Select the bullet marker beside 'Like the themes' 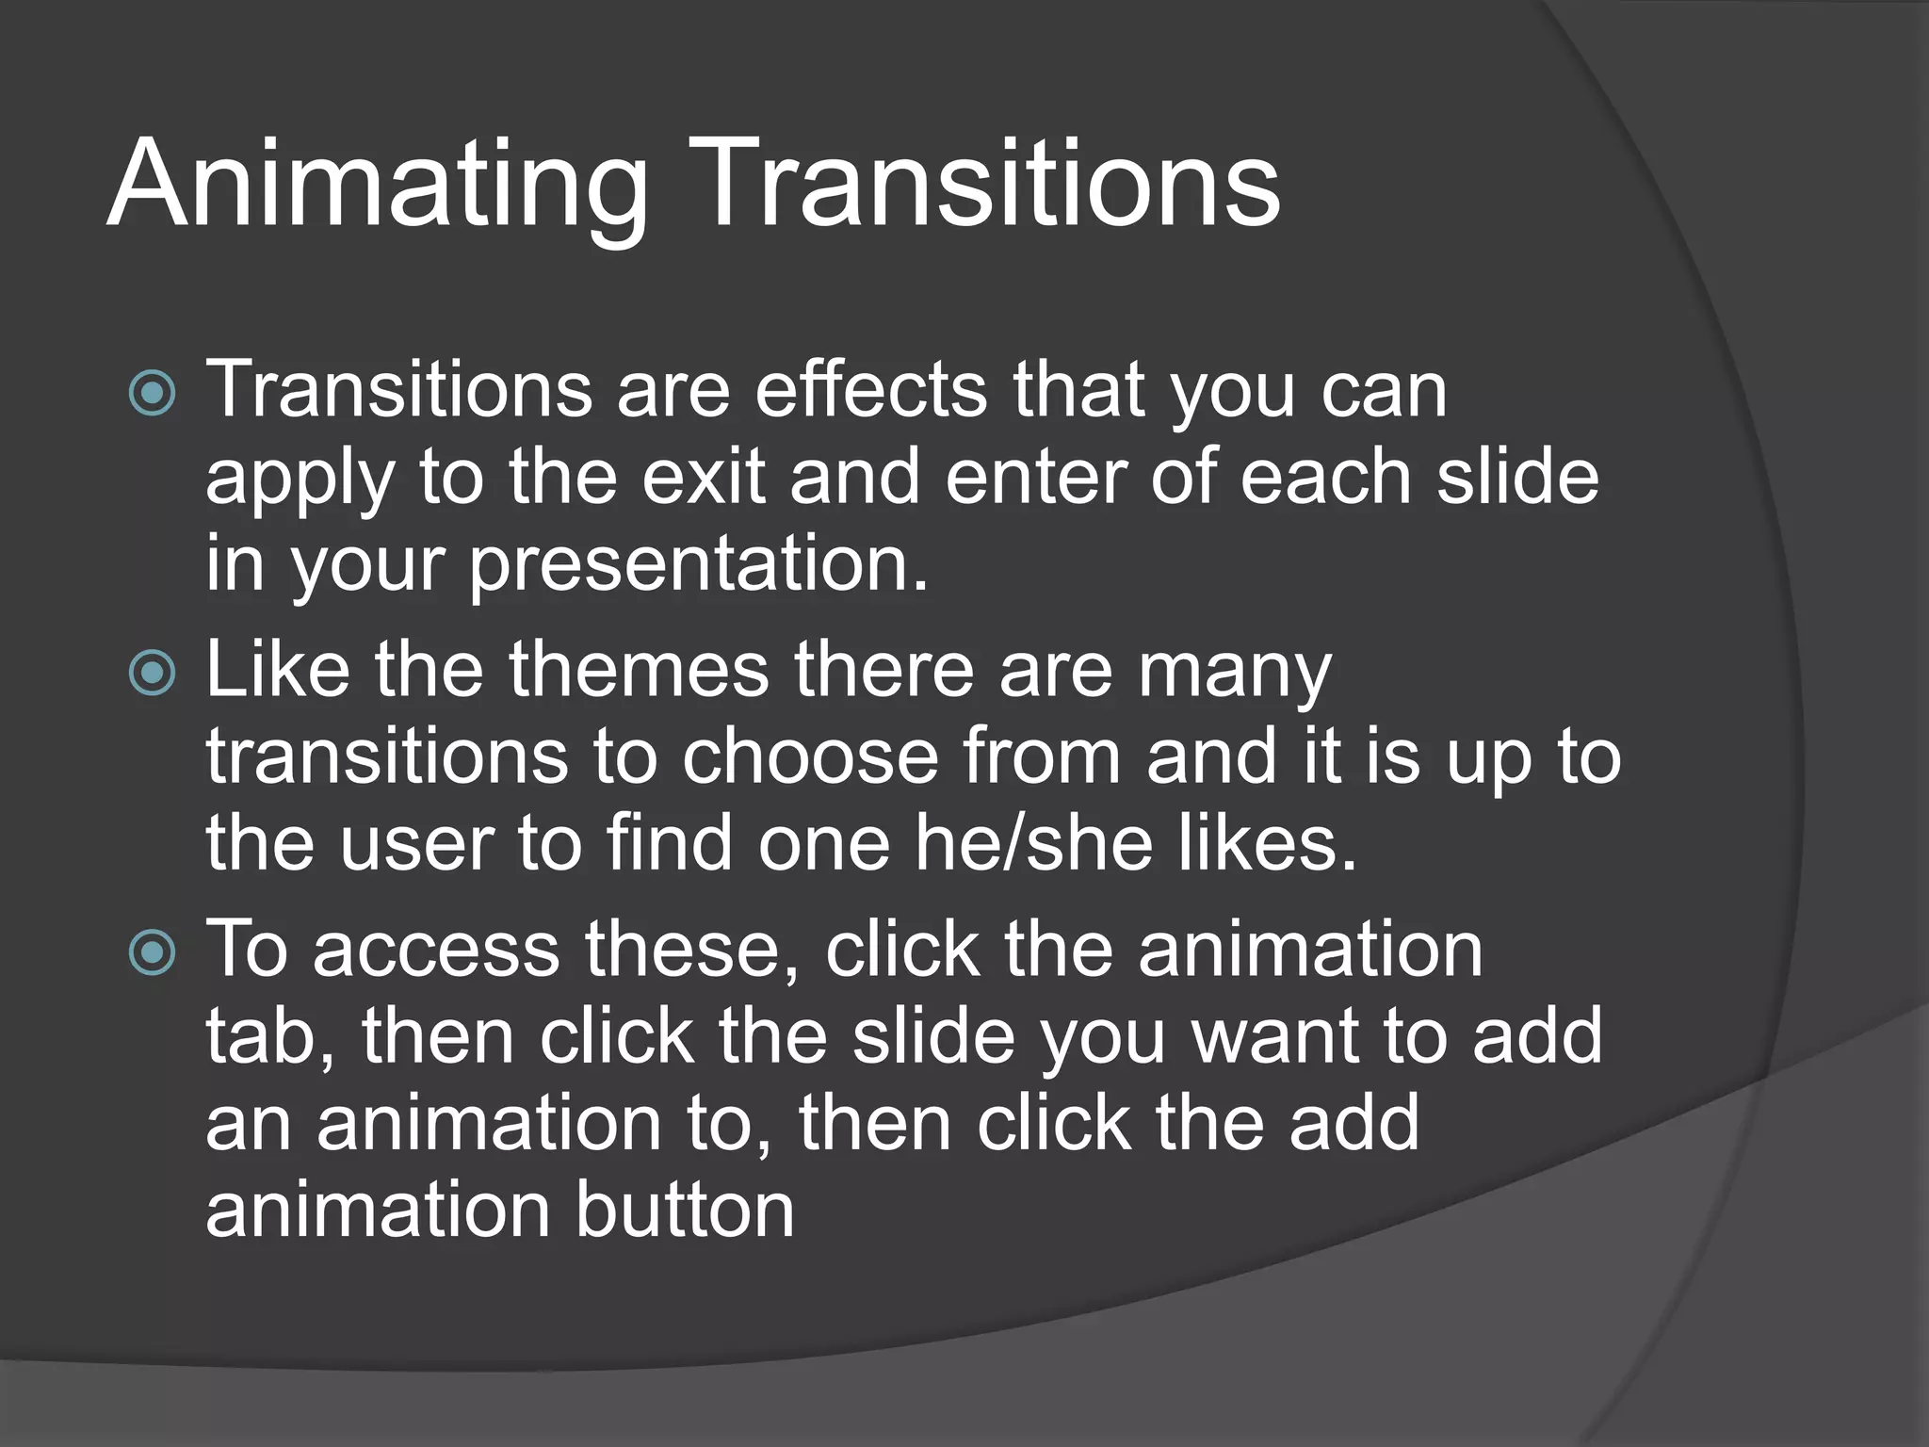[152, 673]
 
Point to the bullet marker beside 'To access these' [152, 951]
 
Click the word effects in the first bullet [871, 389]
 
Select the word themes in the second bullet [640, 669]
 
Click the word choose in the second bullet [811, 756]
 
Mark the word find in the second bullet [669, 843]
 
